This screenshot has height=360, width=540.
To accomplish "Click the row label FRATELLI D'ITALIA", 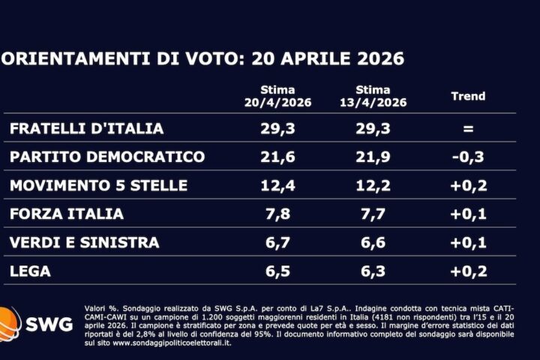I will (86, 128).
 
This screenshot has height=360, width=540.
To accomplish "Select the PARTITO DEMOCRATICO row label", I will (107, 157).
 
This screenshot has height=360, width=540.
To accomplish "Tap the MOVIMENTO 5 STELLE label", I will (98, 185).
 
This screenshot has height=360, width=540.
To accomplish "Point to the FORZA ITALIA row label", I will (67, 214).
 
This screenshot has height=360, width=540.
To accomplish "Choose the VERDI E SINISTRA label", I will (84, 242).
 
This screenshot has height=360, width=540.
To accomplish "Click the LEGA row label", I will (31, 271).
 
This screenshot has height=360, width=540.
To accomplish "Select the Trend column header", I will (468, 96).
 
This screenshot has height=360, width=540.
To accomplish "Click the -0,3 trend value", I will (468, 157).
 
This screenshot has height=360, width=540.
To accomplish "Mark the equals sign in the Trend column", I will (468, 128).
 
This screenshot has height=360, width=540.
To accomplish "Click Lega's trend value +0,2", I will (468, 271).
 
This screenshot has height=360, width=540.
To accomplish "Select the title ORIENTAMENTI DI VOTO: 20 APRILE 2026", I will (202, 58).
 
